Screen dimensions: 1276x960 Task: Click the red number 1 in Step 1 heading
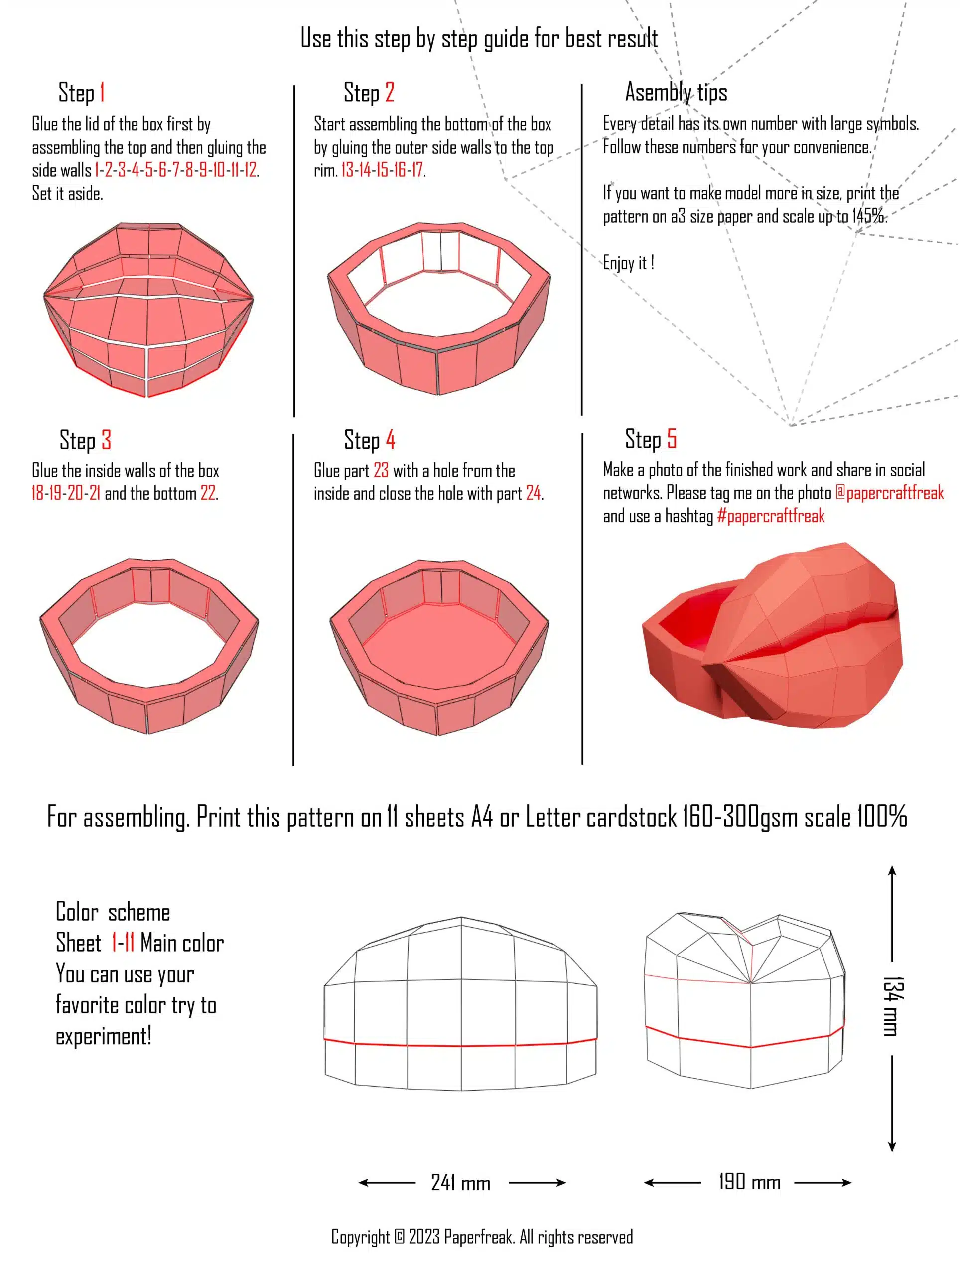(102, 92)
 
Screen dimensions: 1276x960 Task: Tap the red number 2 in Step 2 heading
(390, 92)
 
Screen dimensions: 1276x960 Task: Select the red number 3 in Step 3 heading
(106, 440)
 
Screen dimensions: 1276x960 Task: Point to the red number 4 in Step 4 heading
(391, 440)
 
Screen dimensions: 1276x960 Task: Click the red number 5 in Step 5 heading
(672, 439)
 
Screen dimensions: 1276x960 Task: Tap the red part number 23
(381, 471)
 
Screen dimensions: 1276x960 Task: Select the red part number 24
(534, 494)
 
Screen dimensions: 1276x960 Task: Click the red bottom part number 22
(208, 494)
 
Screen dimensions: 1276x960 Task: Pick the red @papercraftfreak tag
(889, 493)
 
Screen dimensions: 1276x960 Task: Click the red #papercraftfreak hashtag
(770, 516)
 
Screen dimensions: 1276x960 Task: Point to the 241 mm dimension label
(460, 1183)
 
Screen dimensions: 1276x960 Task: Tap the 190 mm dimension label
(749, 1182)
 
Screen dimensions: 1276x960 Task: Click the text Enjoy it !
(628, 263)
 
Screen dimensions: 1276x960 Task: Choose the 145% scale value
(868, 217)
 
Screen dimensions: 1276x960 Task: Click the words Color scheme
(113, 913)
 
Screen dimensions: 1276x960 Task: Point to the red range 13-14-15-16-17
(382, 170)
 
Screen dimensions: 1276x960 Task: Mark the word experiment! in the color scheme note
(104, 1037)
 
